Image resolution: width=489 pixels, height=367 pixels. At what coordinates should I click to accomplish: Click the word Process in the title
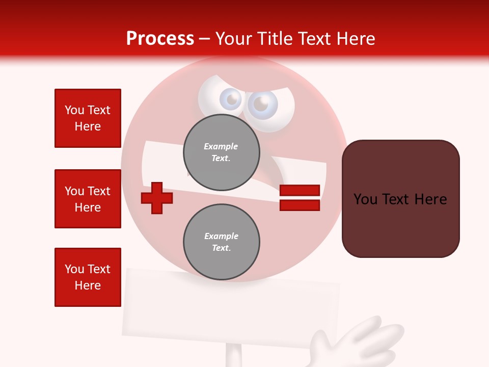(x=160, y=39)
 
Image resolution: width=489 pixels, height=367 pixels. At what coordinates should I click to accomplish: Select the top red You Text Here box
(x=88, y=118)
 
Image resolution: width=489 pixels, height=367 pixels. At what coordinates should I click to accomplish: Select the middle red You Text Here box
(x=88, y=199)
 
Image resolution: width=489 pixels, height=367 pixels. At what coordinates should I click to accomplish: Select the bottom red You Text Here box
(x=88, y=277)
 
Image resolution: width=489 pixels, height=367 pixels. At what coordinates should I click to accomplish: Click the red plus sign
(x=157, y=198)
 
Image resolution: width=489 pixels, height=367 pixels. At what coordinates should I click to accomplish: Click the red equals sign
(x=300, y=198)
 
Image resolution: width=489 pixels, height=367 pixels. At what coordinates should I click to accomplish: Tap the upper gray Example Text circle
(x=222, y=152)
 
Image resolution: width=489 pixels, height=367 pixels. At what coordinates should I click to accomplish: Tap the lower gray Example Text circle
(x=222, y=242)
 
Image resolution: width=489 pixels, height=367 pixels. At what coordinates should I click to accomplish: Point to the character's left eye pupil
(x=233, y=99)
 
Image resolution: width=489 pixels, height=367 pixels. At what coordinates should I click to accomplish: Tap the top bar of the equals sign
(x=300, y=191)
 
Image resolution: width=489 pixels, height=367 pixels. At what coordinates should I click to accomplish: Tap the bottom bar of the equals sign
(x=300, y=205)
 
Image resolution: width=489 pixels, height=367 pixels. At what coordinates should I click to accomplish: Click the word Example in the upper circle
(x=221, y=146)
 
